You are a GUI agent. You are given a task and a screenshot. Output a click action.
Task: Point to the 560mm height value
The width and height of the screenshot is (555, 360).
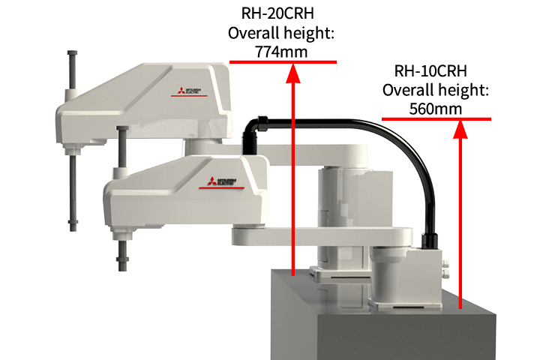[436, 109]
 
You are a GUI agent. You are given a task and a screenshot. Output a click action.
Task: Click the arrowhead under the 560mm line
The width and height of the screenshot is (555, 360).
[460, 127]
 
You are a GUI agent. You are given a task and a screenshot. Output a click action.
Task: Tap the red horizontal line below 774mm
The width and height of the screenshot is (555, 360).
[283, 61]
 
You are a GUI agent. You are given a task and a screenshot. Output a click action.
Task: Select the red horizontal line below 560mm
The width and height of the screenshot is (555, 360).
[436, 118]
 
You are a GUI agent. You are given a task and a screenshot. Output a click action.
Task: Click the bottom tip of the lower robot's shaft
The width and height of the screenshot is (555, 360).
[121, 268]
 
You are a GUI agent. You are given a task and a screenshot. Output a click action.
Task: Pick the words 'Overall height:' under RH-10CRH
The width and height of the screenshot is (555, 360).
[436, 90]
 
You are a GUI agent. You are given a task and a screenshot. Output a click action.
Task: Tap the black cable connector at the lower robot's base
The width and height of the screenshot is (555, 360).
[430, 240]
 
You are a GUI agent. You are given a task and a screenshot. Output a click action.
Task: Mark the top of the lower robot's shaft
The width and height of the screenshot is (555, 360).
[120, 133]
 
